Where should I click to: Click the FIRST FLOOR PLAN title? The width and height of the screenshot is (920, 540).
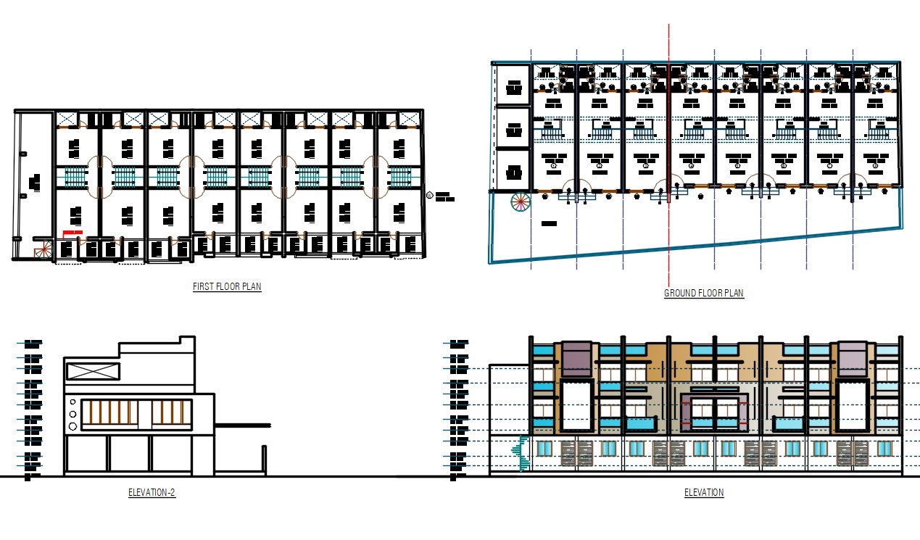click(227, 286)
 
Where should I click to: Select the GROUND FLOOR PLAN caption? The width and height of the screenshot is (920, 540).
click(703, 294)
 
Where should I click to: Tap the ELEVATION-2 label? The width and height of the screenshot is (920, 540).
click(152, 493)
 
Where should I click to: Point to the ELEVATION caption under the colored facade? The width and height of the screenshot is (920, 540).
click(703, 493)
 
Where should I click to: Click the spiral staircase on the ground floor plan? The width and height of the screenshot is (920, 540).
click(520, 202)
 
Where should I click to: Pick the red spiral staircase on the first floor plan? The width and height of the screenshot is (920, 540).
click(44, 250)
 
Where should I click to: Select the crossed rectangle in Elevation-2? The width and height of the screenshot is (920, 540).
click(93, 371)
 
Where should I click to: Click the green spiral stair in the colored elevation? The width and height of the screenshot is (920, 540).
click(519, 454)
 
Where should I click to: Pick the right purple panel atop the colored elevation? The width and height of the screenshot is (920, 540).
click(853, 358)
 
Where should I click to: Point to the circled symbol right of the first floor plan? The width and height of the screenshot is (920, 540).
click(430, 195)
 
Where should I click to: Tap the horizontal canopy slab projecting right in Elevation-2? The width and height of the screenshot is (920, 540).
click(242, 425)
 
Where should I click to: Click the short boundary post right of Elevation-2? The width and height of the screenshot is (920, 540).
click(263, 460)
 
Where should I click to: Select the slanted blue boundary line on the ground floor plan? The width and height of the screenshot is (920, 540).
click(696, 246)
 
